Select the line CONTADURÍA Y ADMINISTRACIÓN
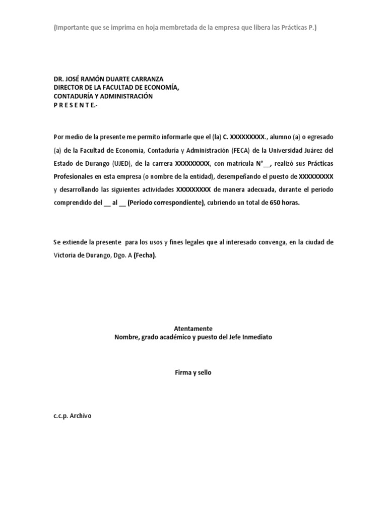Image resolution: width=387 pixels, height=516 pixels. (x=103, y=96)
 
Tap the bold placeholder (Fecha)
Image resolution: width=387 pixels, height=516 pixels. (x=145, y=255)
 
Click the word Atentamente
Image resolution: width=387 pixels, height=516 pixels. (x=193, y=328)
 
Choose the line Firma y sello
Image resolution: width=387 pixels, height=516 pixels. (x=193, y=372)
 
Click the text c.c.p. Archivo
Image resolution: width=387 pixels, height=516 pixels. (x=73, y=417)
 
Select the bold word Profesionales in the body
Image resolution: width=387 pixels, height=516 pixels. (x=75, y=176)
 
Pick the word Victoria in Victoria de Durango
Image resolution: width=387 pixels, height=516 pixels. (x=64, y=255)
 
